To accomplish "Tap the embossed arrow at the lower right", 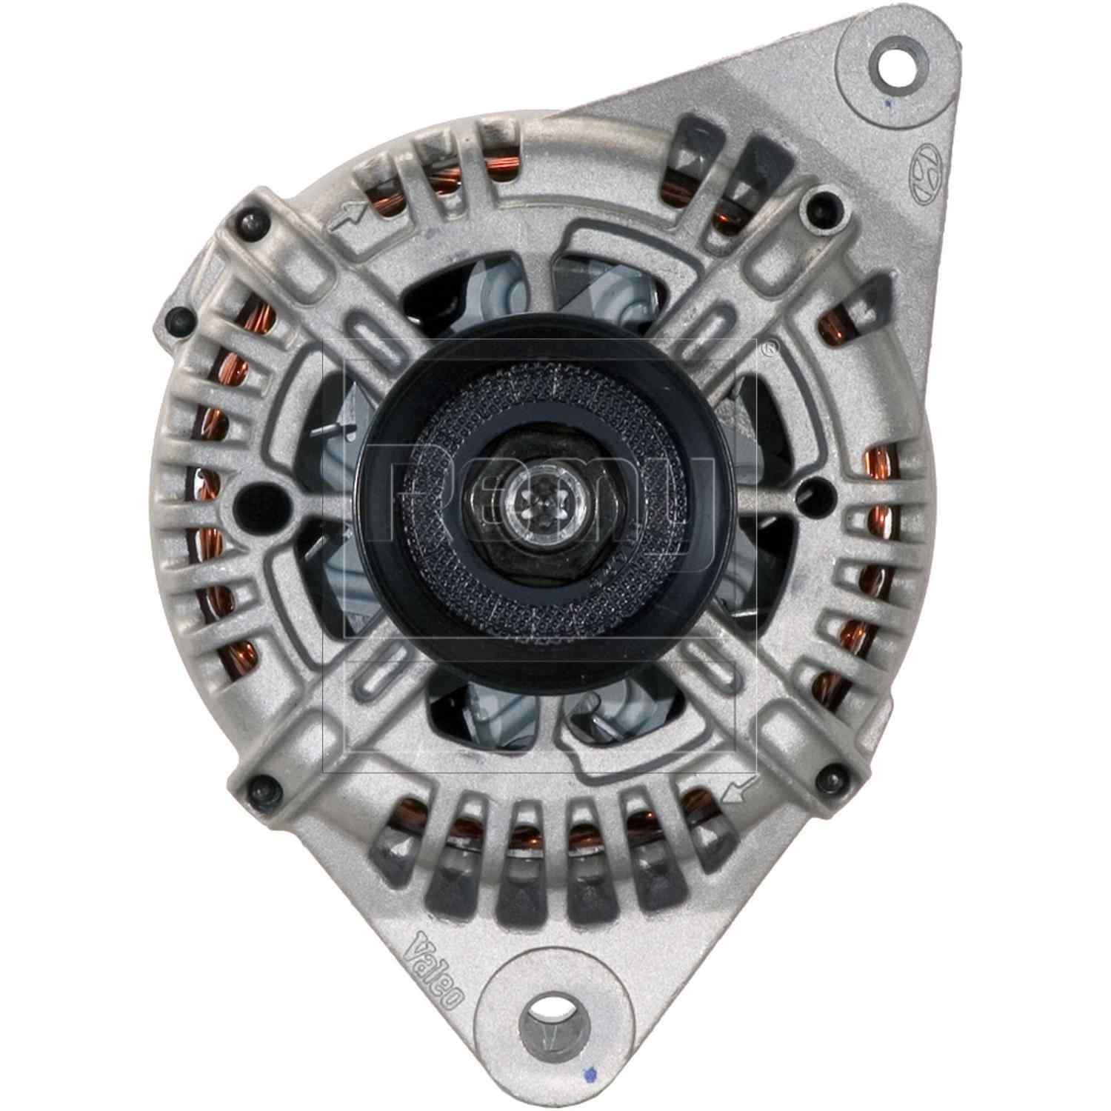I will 741,790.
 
